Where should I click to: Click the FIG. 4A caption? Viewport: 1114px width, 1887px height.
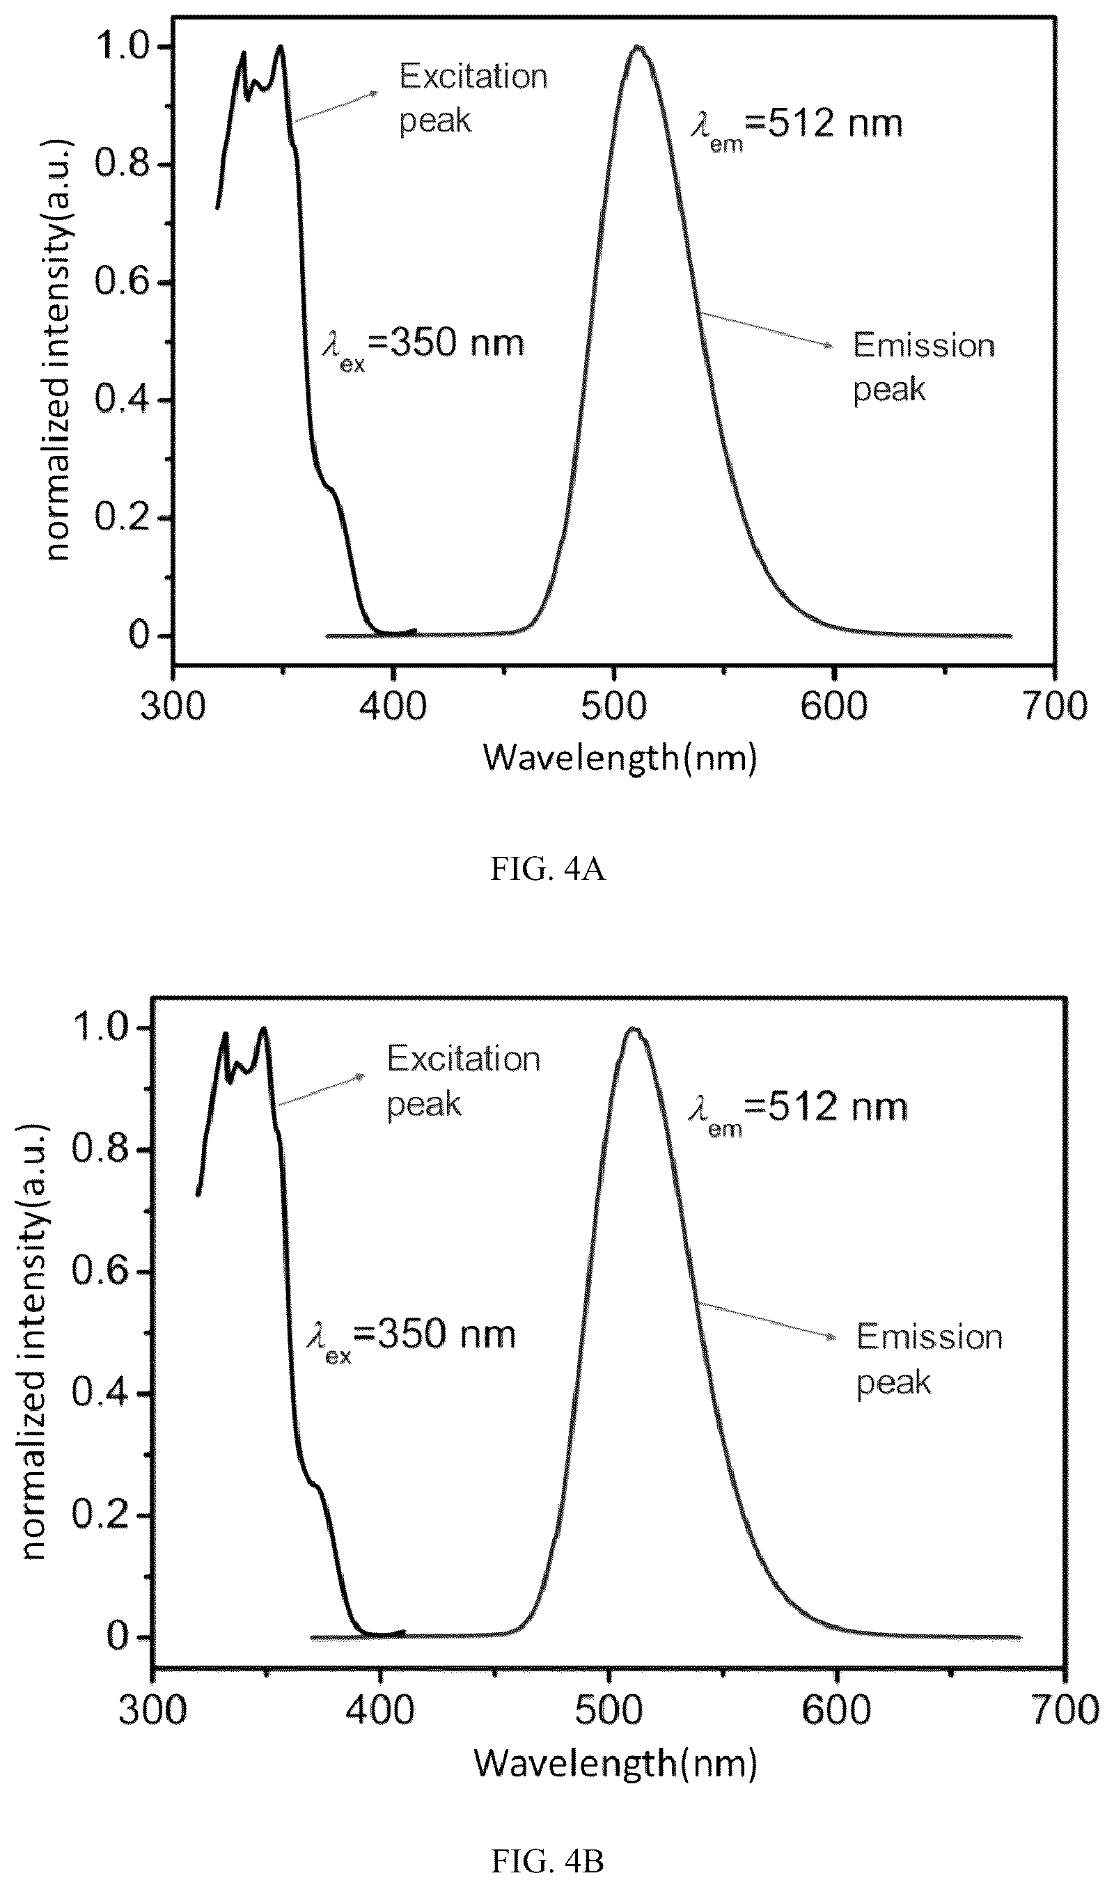tap(548, 869)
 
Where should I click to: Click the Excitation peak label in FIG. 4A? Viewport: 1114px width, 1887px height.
tap(473, 98)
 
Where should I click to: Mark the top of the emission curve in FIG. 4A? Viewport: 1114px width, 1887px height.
tap(639, 47)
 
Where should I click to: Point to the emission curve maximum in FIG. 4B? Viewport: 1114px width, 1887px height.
tap(634, 1029)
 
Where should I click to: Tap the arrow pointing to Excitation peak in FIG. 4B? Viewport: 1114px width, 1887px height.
tap(321, 1090)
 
